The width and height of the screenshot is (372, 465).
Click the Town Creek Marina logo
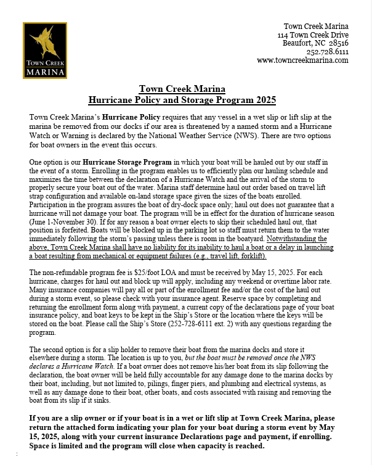pyautogui.click(x=45, y=51)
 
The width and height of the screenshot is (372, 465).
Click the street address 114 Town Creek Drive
pyautogui.click(x=313, y=35)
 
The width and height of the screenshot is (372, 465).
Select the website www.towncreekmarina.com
pyautogui.click(x=302, y=60)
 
